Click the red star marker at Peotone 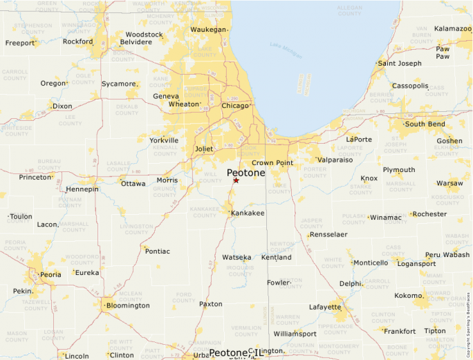click(x=236, y=180)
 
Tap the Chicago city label click(x=235, y=106)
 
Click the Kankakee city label click(x=248, y=213)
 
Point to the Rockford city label click(x=77, y=41)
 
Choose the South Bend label click(x=425, y=124)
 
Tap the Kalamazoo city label click(x=452, y=29)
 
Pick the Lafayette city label click(x=324, y=307)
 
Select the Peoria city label click(x=50, y=274)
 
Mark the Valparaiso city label click(x=335, y=160)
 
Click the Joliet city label click(x=205, y=149)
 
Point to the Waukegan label click(x=208, y=30)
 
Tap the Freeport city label click(x=20, y=43)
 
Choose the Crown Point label click(x=272, y=163)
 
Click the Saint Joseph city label click(x=400, y=64)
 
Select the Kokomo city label click(x=407, y=296)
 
